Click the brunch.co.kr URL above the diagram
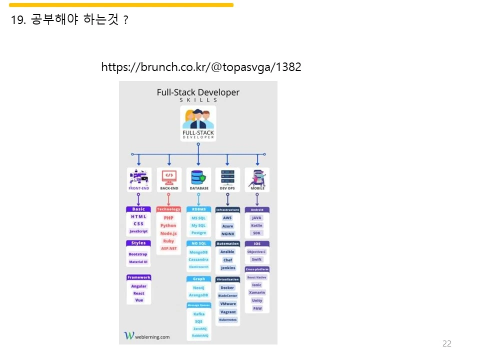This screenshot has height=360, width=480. [x=201, y=67]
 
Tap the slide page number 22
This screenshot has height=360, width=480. [x=447, y=343]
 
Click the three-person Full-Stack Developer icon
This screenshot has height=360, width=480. [x=198, y=120]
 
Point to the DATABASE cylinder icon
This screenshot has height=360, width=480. [x=198, y=177]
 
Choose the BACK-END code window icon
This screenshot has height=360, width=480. [x=169, y=176]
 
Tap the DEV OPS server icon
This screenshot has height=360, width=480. [x=227, y=176]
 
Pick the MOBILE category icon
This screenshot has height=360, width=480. [x=257, y=177]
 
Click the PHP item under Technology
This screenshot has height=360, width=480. [x=168, y=218]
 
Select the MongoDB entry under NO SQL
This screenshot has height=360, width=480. [x=198, y=252]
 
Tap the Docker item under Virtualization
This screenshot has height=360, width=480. [x=227, y=287]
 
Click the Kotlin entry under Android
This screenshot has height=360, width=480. [x=256, y=225]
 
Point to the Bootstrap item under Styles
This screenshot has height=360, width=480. [x=138, y=254]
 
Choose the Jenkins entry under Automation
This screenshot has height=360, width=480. [x=227, y=268]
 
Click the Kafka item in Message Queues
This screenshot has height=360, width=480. [x=198, y=314]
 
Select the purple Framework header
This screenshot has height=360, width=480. [x=138, y=277]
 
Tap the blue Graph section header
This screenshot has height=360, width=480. [x=198, y=279]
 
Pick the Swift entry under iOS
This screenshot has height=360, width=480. [x=256, y=259]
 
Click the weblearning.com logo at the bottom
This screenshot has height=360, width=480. [x=147, y=336]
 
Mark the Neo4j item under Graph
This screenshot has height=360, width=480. [x=198, y=287]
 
